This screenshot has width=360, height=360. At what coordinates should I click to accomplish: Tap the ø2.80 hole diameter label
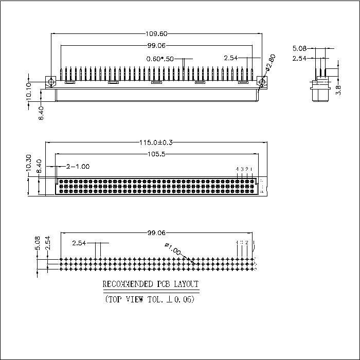272,63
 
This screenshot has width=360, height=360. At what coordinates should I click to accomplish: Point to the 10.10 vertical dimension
28,88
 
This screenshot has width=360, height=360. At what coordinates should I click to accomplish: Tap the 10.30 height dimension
28,163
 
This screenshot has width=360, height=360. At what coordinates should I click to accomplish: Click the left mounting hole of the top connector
51,82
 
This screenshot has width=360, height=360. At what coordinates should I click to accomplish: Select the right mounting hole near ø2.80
262,82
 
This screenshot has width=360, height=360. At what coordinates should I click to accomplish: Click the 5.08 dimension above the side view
299,49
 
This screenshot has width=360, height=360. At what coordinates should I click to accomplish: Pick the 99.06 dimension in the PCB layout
155,233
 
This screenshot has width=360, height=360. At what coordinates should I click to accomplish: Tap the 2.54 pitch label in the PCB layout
80,243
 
